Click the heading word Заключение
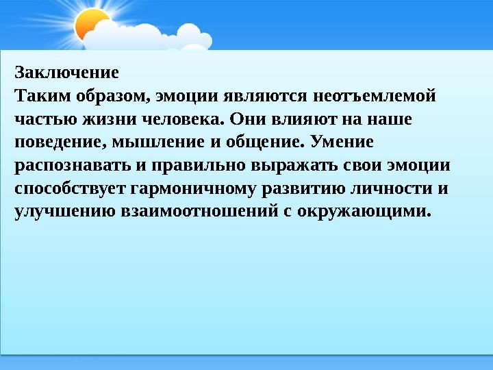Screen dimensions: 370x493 [66, 72]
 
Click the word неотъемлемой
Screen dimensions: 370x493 [375, 96]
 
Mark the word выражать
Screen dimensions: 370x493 [292, 166]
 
